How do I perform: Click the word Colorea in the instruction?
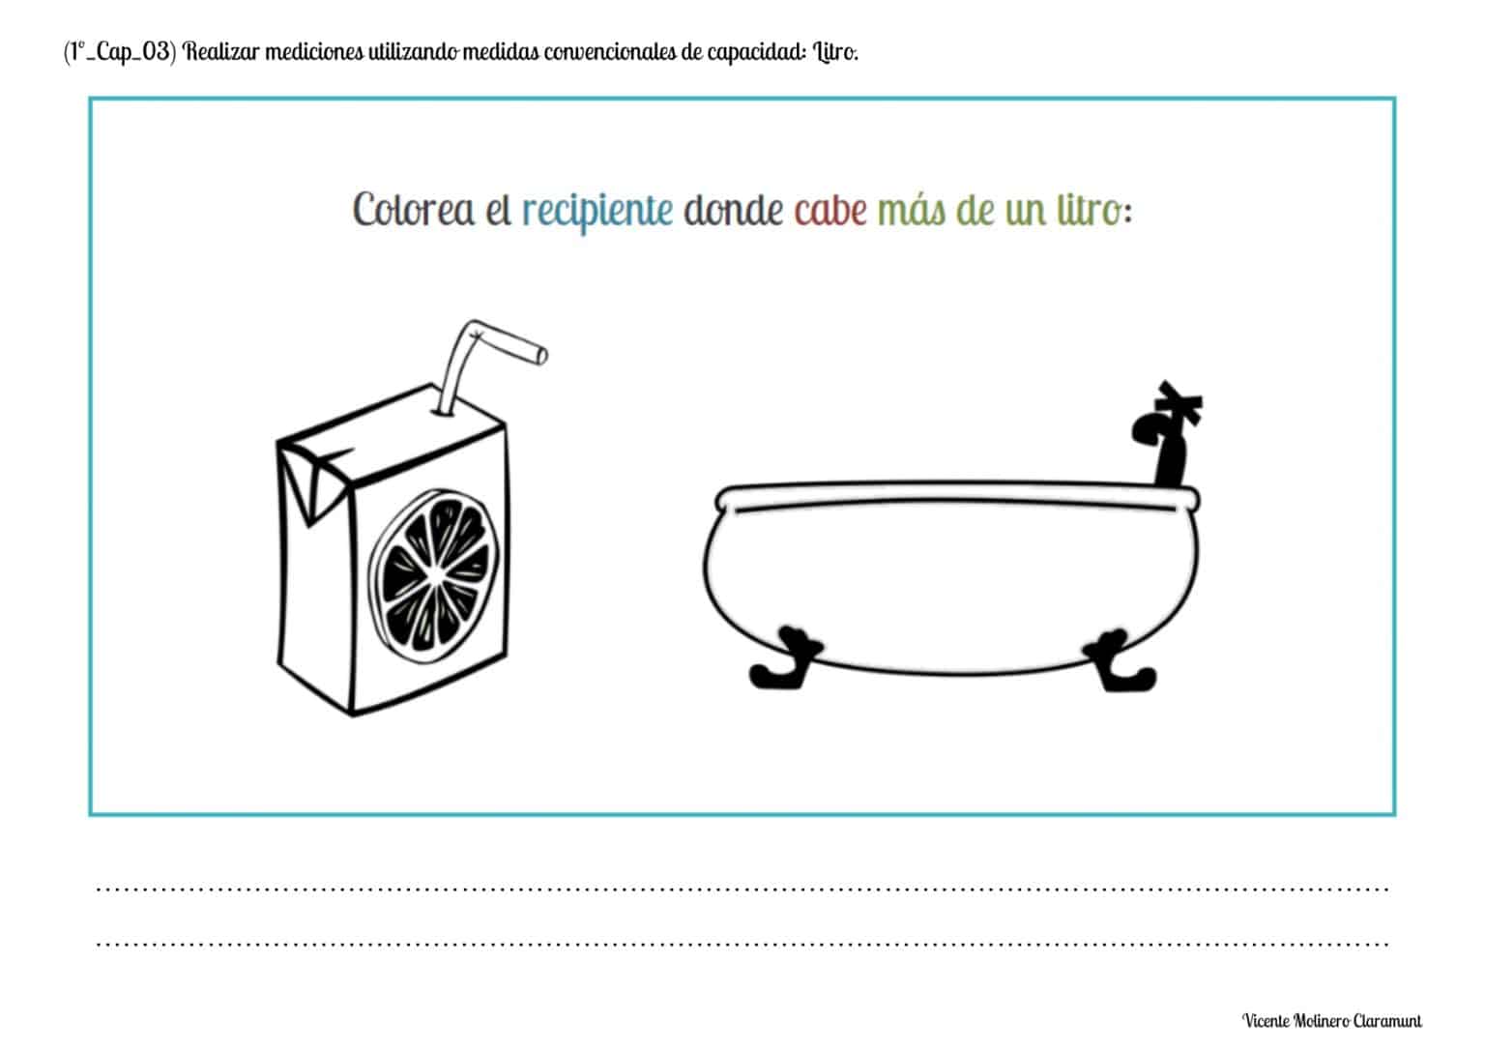[413, 210]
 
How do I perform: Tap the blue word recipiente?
[597, 211]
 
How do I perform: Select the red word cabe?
[830, 210]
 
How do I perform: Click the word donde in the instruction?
[733, 210]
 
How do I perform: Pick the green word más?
[912, 210]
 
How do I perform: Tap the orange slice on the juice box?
[434, 576]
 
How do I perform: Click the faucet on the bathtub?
[1168, 434]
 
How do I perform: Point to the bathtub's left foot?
[784, 659]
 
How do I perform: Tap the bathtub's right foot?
[1121, 661]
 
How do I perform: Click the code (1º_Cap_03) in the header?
[120, 51]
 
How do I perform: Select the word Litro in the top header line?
[836, 51]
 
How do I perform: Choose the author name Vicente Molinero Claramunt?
[1332, 1020]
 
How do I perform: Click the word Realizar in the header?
[220, 51]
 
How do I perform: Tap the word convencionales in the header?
[609, 51]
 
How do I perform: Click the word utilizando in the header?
[413, 51]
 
